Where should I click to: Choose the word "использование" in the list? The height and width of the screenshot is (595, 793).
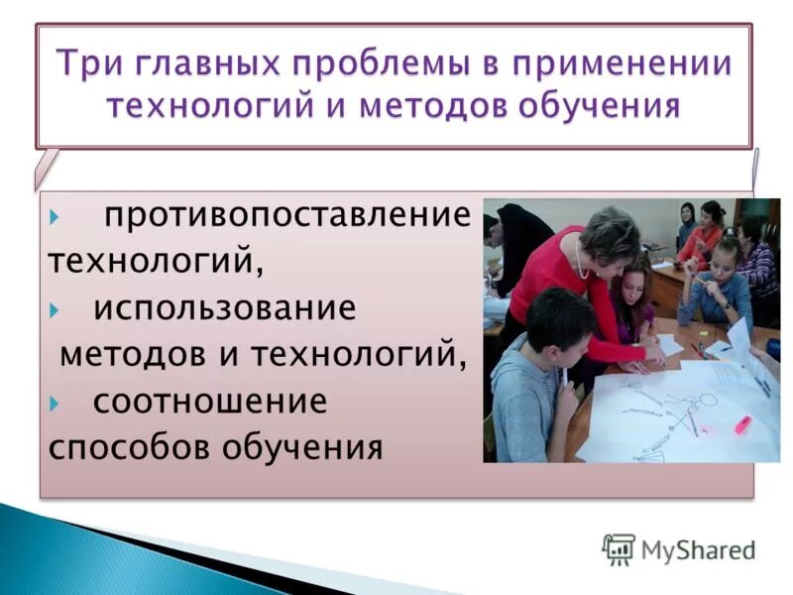224,308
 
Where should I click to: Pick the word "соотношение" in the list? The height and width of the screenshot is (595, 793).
210,401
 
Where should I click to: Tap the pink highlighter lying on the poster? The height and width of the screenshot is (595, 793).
742,424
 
